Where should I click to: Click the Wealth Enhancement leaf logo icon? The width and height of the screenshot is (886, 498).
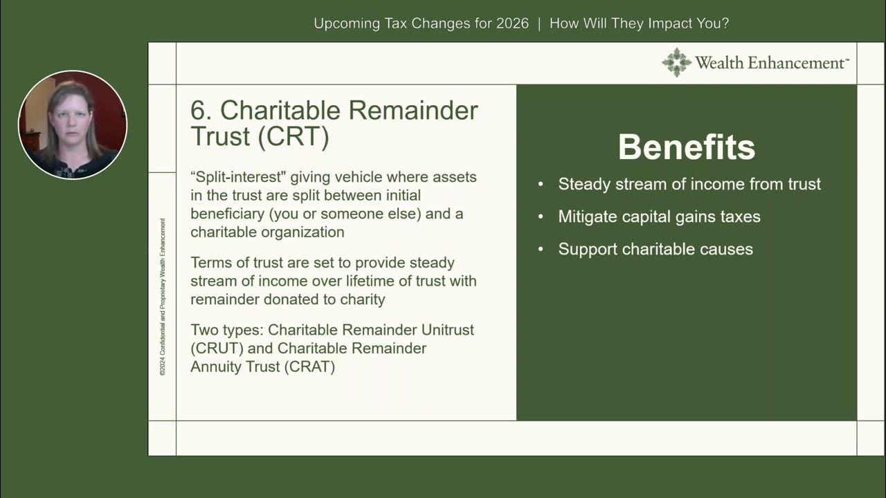676,62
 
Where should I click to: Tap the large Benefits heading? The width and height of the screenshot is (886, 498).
686,147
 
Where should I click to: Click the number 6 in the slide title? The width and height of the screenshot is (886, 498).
199,111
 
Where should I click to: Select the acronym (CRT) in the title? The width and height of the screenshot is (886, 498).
293,136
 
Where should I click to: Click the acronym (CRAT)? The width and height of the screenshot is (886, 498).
309,367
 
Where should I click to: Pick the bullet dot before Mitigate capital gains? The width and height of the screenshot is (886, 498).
541,217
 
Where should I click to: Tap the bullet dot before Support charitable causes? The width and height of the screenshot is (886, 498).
541,250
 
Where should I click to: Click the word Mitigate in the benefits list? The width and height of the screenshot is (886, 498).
588,216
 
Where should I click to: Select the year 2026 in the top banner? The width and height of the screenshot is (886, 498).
512,24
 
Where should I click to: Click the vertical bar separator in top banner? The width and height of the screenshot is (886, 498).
539,24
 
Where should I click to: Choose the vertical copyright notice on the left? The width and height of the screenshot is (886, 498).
163,297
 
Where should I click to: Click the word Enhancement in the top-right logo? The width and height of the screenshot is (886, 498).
797,63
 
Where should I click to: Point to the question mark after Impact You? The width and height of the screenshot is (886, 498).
724,24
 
